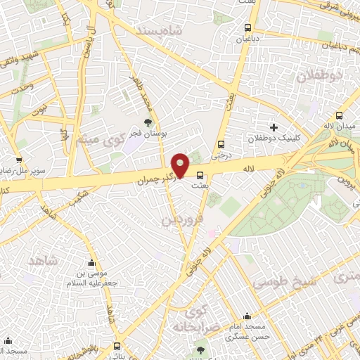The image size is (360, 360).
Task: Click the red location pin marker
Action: coord(181,165)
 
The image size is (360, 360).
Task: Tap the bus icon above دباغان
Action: coord(246,28)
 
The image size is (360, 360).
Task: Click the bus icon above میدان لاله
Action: coord(340,115)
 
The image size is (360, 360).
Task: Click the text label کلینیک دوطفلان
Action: coord(274,139)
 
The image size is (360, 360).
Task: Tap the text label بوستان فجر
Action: coord(146,133)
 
